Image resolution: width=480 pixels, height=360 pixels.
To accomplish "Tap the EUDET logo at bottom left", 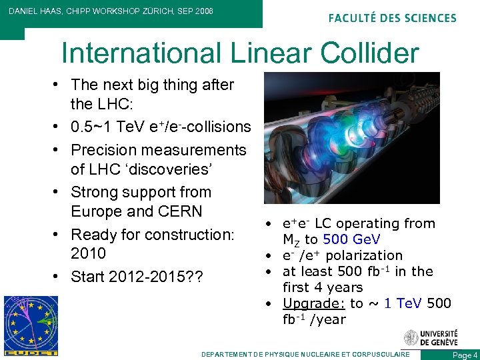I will coord(31,326).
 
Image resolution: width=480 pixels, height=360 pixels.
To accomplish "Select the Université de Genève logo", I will coord(431,337).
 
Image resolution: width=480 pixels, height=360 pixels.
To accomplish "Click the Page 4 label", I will coord(465,355).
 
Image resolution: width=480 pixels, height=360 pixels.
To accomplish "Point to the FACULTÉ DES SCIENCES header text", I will coord(393,18).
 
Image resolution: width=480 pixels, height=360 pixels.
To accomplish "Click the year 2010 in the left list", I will coord(88,253).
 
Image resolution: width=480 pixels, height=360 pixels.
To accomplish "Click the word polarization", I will coord(369,255).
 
